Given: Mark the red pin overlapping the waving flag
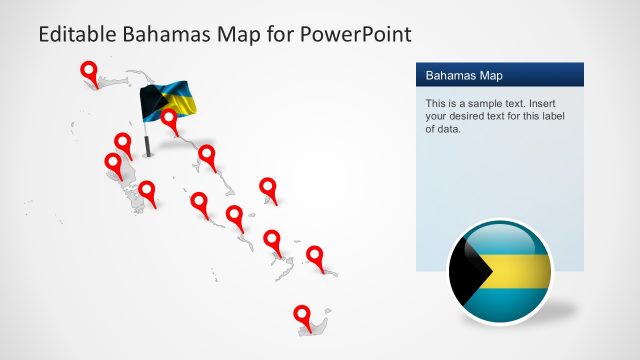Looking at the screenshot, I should pos(169,119).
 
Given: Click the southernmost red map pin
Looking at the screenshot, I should pos(302,315).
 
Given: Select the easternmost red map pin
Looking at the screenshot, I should pos(315,256).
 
